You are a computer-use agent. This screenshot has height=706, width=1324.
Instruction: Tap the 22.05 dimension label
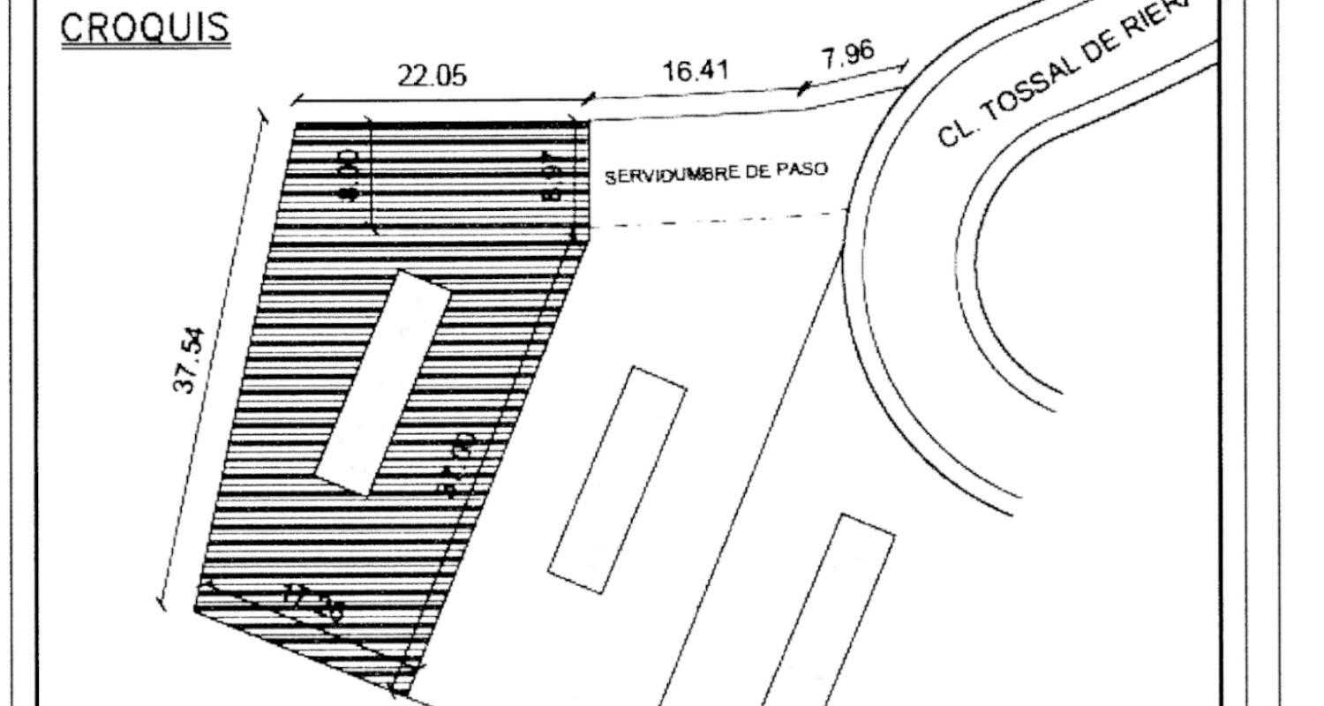tap(432, 76)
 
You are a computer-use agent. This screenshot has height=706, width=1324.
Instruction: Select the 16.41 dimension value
tap(696, 70)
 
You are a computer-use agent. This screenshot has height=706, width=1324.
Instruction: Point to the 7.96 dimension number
tap(848, 56)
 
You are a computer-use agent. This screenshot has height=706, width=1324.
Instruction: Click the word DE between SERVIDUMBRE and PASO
tap(757, 170)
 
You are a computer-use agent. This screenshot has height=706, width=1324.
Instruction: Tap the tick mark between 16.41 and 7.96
tap(801, 89)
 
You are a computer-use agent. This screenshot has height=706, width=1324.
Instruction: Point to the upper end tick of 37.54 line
tap(261, 116)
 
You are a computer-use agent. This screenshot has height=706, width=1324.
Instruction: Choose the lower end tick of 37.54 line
tap(161, 604)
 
